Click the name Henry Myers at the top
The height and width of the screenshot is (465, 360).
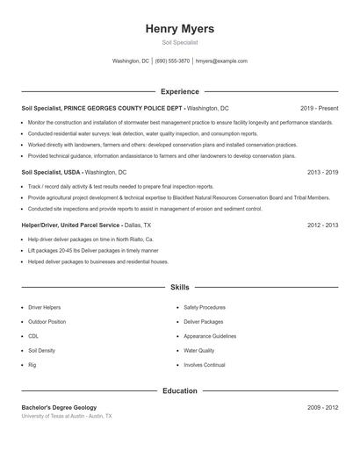[x=180, y=29]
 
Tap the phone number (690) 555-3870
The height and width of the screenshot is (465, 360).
[x=173, y=61]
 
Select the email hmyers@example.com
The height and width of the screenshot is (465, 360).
[x=221, y=61]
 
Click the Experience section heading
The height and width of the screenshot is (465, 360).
[x=180, y=91]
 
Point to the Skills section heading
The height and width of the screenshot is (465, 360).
[x=180, y=287]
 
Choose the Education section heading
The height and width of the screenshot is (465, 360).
[x=180, y=390]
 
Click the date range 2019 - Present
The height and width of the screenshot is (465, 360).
[x=319, y=108]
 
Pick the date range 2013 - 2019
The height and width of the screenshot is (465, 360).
[x=322, y=173]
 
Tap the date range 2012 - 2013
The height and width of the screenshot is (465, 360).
[x=322, y=225]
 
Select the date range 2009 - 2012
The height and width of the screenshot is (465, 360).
[x=322, y=408]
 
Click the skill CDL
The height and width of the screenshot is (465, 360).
[x=33, y=336]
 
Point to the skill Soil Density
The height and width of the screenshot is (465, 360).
[x=42, y=350]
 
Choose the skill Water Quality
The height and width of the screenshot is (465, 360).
[x=198, y=350]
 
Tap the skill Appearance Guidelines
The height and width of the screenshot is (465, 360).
[x=210, y=336]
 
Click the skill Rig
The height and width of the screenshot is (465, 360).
[x=32, y=364]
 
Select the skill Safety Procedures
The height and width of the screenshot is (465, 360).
[x=205, y=308]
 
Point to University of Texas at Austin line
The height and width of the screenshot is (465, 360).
[x=67, y=416]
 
